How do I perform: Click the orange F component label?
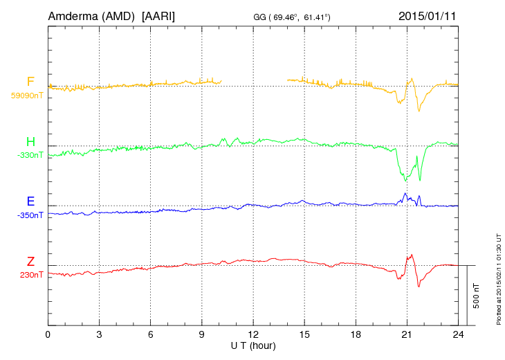30,82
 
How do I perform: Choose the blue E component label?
30,202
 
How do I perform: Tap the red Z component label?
30,262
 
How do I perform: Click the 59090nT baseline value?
26,96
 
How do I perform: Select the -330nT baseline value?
30,155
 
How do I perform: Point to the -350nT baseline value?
30,215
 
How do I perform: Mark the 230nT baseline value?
31,275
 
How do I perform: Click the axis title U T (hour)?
253,345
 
